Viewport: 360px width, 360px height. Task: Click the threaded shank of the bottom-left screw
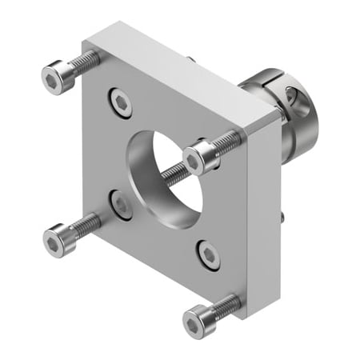coord(86,223)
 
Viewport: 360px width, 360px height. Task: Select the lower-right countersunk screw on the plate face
coord(208,254)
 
